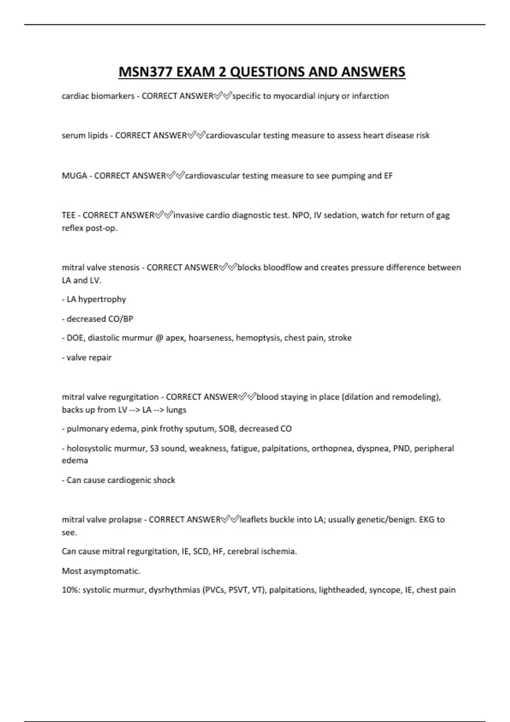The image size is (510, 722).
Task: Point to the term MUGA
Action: pyautogui.click(x=74, y=176)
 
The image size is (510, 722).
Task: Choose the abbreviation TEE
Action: pyautogui.click(x=68, y=215)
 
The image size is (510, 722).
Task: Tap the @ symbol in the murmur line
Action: pyautogui.click(x=159, y=338)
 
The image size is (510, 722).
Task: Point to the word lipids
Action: pyautogui.click(x=97, y=135)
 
